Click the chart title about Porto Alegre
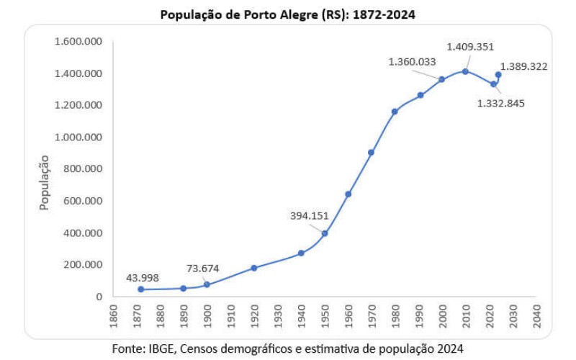click(287, 14)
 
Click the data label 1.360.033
click(412, 62)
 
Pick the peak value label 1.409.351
click(470, 47)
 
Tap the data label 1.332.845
click(501, 103)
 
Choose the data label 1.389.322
click(524, 67)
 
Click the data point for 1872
click(141, 289)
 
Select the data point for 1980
click(395, 112)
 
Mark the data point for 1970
click(371, 153)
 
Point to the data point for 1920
click(254, 268)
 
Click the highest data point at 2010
click(465, 71)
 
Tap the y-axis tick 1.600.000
click(78, 41)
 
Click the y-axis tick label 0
click(99, 296)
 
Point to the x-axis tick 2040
click(536, 317)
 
